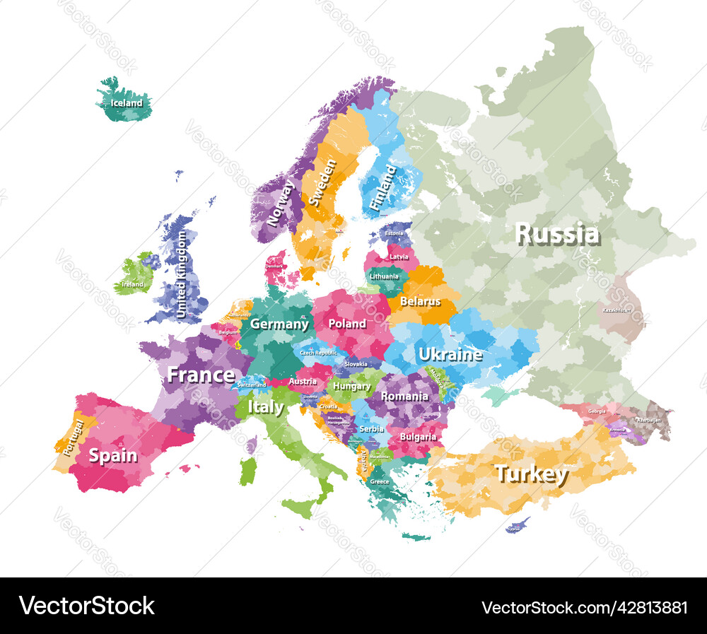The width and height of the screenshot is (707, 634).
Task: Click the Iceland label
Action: click(x=127, y=103)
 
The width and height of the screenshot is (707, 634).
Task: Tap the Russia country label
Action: click(x=557, y=233)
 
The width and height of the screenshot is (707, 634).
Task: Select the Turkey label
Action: click(x=531, y=474)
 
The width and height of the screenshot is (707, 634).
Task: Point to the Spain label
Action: click(x=113, y=456)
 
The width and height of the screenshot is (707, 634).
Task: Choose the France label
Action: click(x=201, y=375)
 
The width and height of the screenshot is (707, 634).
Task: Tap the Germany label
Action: click(x=279, y=324)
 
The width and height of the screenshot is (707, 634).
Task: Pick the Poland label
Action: click(x=346, y=324)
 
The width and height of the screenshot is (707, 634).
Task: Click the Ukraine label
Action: click(x=450, y=354)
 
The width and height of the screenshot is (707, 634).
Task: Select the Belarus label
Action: click(x=420, y=302)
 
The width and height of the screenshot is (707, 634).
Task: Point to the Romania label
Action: click(x=404, y=397)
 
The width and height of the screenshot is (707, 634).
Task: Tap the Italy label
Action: click(x=265, y=408)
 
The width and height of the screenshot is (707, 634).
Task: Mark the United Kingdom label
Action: click(x=182, y=275)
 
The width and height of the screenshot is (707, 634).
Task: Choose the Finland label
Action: click(x=383, y=187)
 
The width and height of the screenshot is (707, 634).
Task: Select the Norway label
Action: click(x=281, y=203)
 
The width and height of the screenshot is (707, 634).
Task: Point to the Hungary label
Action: click(x=351, y=387)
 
